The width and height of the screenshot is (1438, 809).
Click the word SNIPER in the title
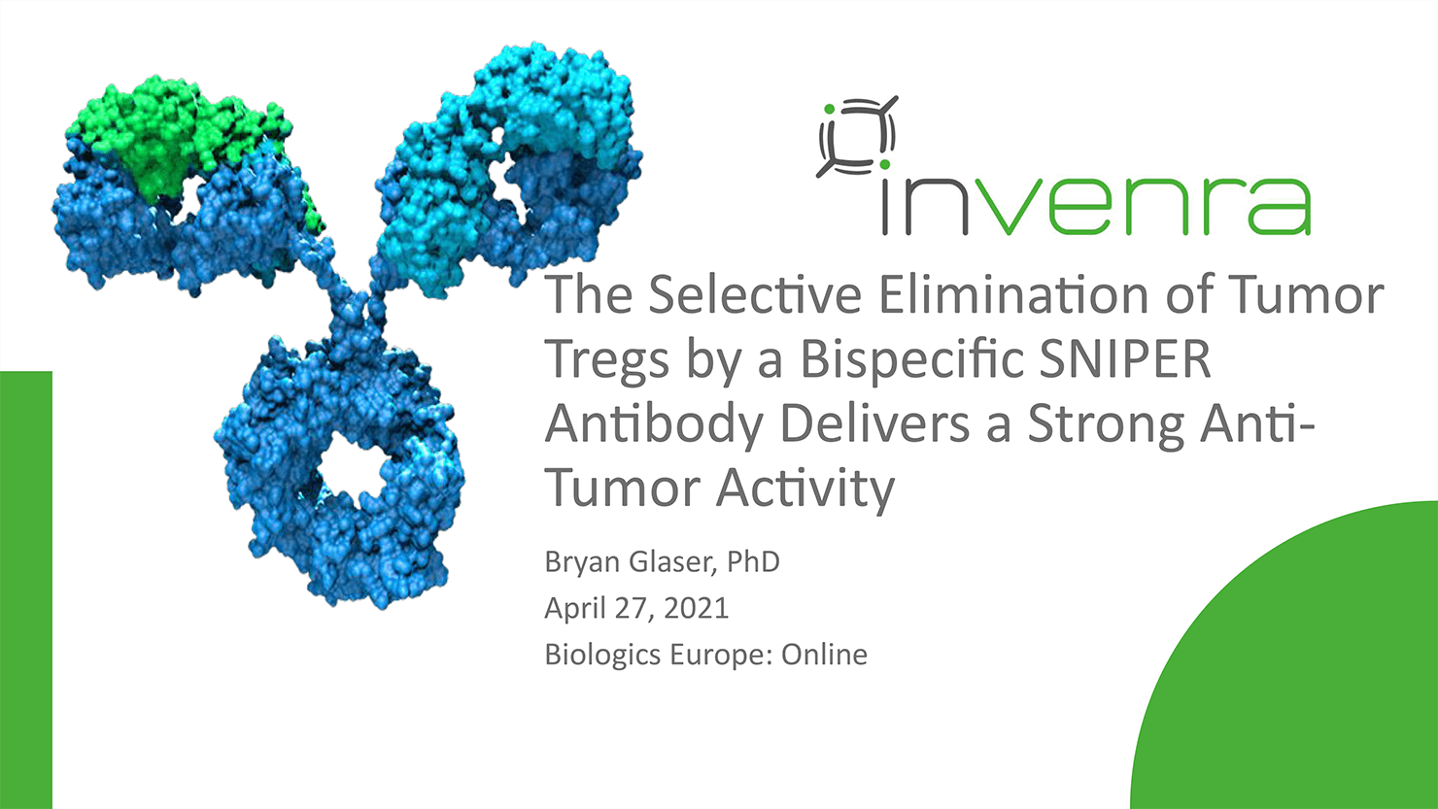(x=1125, y=358)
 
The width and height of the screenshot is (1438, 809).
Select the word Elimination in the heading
(x=1013, y=294)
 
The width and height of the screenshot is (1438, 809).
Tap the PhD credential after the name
(x=753, y=561)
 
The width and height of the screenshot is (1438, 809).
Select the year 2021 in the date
(x=696, y=608)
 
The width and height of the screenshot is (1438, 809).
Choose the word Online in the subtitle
(x=824, y=655)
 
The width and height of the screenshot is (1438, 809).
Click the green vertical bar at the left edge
(x=25, y=590)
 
